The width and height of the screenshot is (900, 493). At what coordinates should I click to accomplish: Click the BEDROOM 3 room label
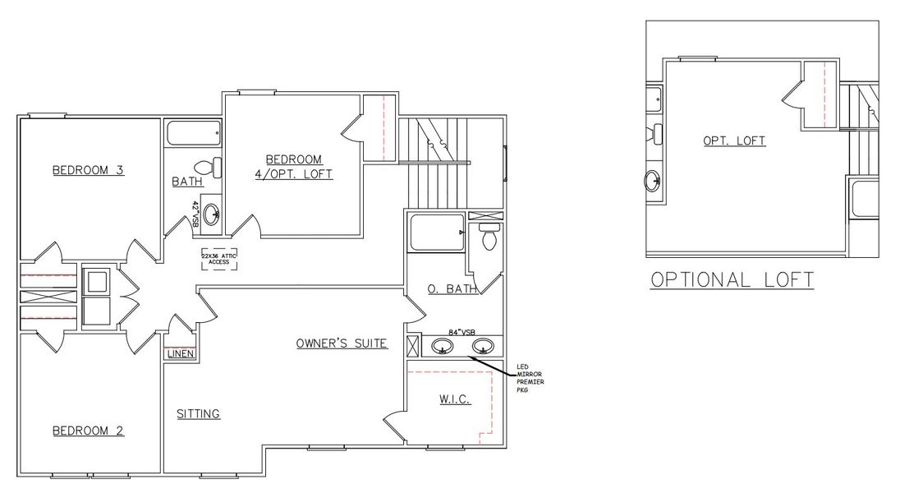point(88,171)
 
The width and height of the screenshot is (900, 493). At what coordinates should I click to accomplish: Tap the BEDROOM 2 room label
point(88,431)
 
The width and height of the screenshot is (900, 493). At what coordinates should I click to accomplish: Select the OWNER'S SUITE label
point(342,343)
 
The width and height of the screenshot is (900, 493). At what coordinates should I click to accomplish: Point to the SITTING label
point(199,414)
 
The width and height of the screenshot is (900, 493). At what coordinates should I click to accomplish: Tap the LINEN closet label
point(179,354)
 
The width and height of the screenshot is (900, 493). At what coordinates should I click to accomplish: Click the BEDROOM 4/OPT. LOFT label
point(293,167)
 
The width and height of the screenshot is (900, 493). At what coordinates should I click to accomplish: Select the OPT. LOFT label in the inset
point(734,141)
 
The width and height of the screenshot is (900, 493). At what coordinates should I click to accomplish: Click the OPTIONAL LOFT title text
point(732,279)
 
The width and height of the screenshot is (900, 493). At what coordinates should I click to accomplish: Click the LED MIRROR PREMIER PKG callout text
point(530,378)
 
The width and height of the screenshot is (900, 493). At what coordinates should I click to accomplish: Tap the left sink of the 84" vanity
point(444,346)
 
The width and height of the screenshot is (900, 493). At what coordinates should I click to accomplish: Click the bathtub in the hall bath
point(195,133)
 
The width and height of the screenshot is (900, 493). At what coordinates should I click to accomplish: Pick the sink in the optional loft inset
point(654,179)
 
